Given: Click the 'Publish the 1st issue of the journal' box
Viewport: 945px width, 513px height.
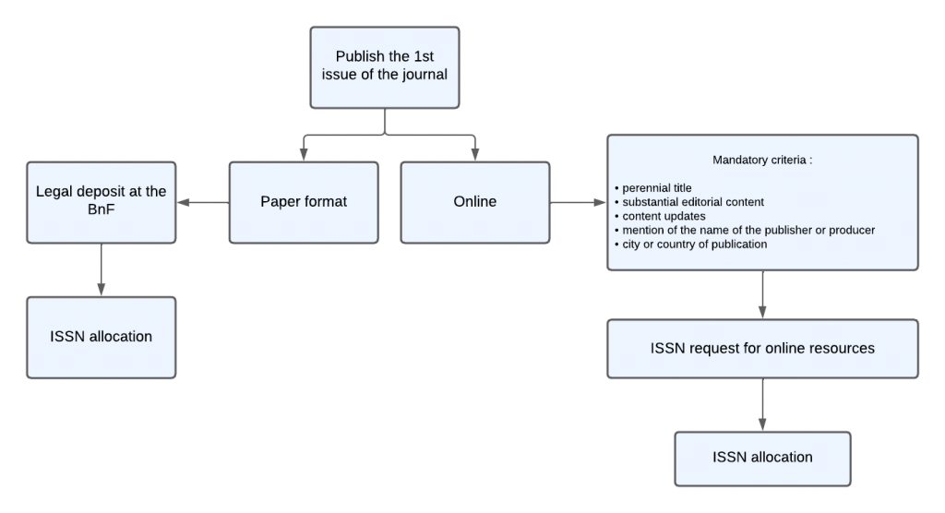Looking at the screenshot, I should point(385,66).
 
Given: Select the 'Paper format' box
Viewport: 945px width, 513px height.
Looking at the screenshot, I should point(304,202).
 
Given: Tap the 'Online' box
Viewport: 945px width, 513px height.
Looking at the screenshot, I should point(474,202).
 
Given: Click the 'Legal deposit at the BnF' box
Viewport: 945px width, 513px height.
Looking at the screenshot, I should point(101,202).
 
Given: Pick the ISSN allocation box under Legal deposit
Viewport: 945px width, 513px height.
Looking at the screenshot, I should point(101,337).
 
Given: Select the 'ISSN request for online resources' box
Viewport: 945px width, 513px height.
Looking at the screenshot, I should point(761,349).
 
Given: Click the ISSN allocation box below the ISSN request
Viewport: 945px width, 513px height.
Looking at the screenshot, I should point(761,458).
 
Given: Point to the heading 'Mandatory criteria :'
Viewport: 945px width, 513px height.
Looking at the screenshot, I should point(762,161).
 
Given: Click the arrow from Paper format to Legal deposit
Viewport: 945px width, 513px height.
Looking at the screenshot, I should point(203,202).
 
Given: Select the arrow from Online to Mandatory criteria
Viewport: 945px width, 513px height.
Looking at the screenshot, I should point(578,202).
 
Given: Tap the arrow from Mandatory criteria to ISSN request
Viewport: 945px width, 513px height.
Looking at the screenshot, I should point(761,294).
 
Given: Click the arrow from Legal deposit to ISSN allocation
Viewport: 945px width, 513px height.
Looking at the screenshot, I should point(101,269).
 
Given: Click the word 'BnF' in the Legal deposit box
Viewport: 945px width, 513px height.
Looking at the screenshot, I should point(101,210).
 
